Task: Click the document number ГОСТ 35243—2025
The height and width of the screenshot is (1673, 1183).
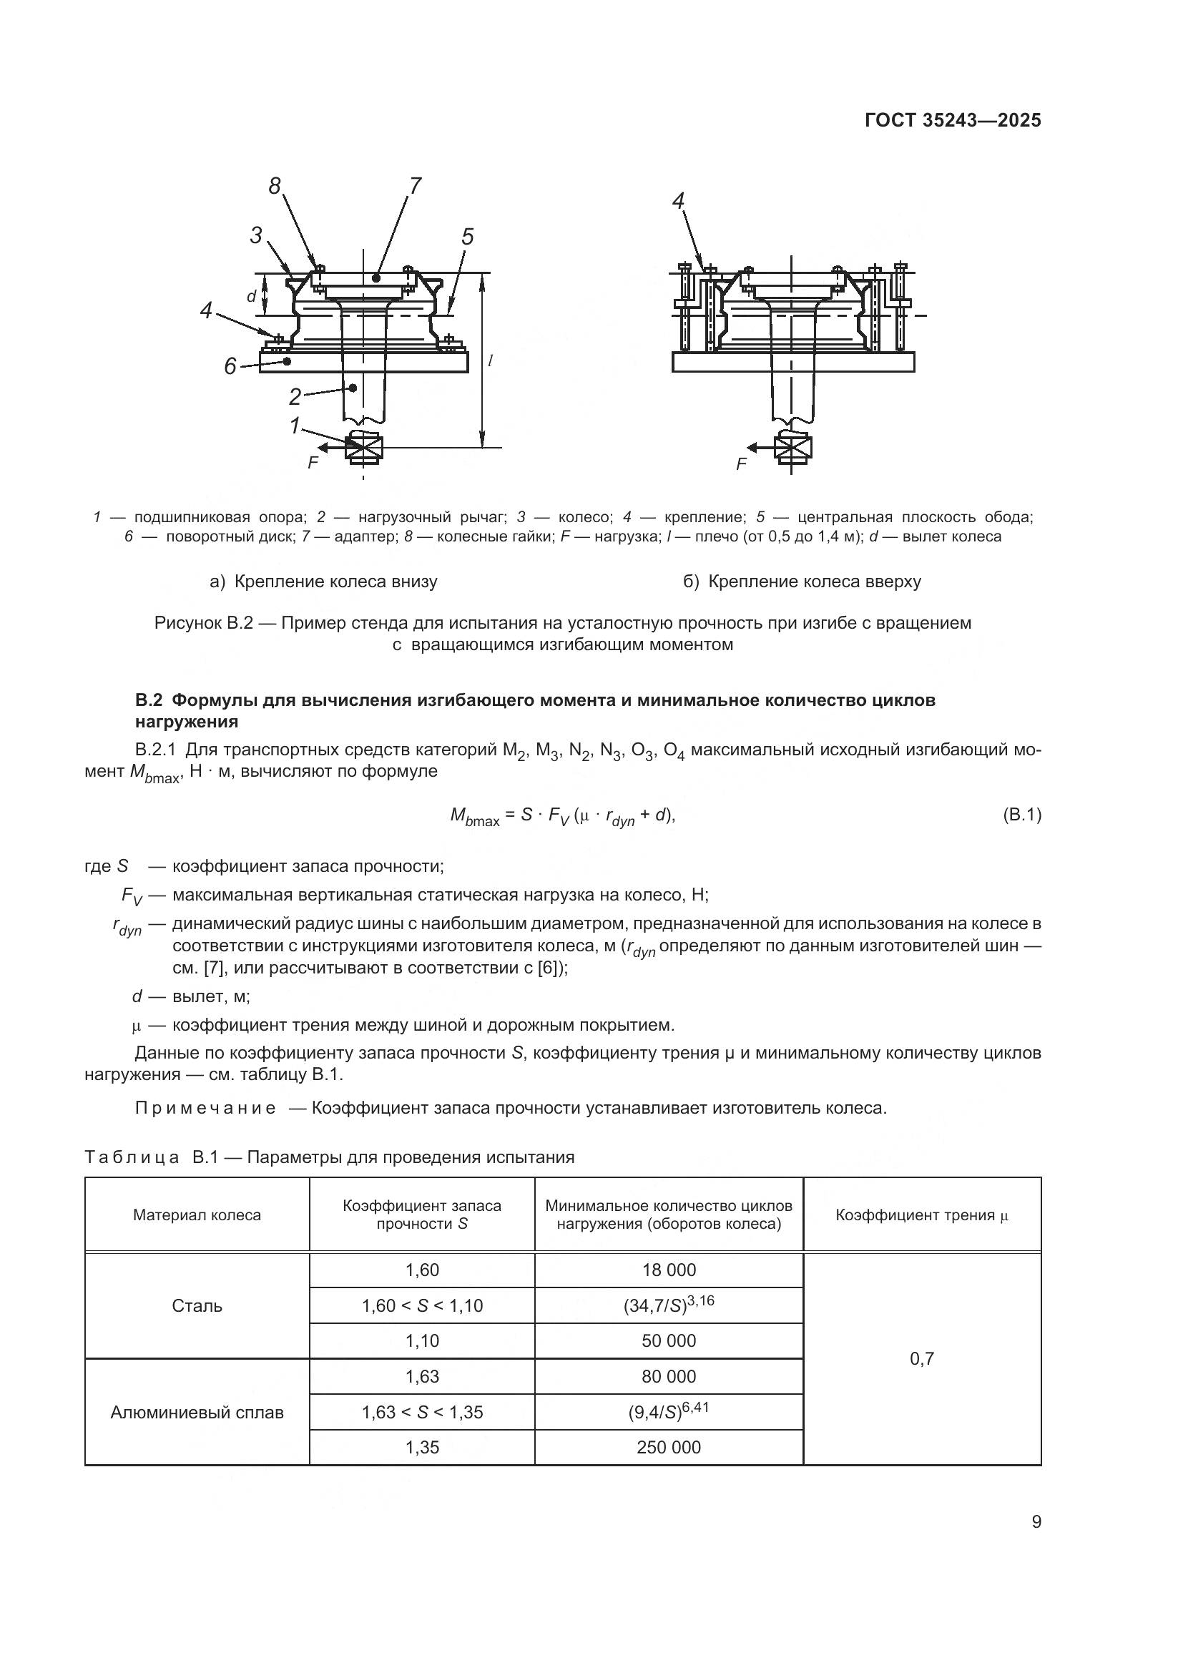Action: tap(953, 121)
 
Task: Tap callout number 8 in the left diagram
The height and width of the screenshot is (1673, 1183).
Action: tap(275, 187)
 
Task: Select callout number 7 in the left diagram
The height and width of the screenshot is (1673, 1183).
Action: tap(415, 187)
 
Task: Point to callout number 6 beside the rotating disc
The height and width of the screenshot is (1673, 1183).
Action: tap(230, 366)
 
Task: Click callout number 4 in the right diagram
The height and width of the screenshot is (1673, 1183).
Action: tap(679, 201)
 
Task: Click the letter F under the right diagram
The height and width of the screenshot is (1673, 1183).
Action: tap(742, 464)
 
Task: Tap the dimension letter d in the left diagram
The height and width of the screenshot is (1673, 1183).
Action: tap(250, 297)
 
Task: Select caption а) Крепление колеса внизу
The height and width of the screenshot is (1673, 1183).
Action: tap(323, 582)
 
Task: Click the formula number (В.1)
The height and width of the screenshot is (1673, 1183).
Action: tap(1022, 815)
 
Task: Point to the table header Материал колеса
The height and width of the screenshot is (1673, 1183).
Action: tap(197, 1215)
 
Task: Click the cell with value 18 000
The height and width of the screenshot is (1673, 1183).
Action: tap(669, 1270)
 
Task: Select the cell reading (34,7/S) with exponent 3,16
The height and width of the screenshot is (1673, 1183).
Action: tap(669, 1305)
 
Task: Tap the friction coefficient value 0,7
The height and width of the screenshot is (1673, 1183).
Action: tap(921, 1358)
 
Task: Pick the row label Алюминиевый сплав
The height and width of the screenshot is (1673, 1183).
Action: tap(197, 1412)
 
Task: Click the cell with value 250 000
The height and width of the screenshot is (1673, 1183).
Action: tap(669, 1447)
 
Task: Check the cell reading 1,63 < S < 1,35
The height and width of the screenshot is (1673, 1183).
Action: tap(422, 1412)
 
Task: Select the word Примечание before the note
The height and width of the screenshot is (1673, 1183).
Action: tap(205, 1108)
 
